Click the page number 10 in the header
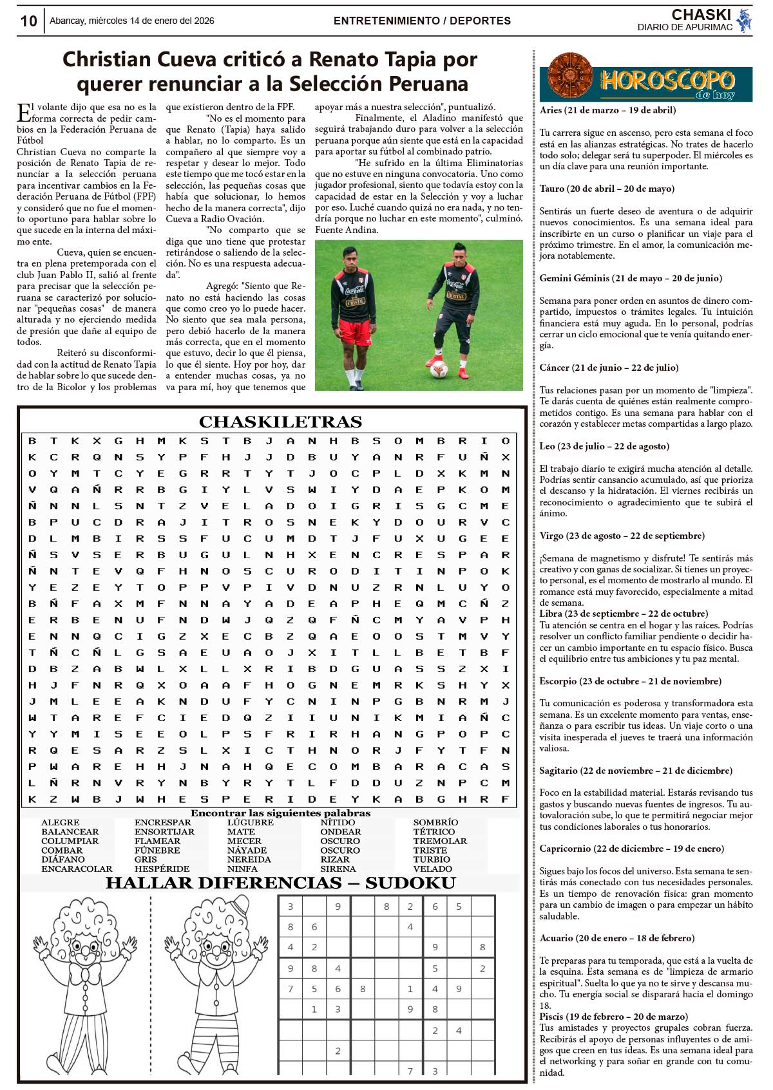coord(29,21)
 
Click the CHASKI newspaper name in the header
coord(701,15)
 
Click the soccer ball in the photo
coord(439,369)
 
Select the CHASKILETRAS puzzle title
coord(280,422)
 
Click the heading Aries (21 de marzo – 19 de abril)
coord(607,110)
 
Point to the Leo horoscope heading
coord(604,446)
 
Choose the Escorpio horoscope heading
coord(630,681)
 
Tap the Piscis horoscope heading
coord(613,1017)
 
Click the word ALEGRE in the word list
coord(61,822)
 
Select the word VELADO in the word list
coord(432,869)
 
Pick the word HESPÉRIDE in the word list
coord(162,869)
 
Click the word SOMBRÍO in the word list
coord(435,822)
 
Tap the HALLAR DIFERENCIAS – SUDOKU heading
coord(280,883)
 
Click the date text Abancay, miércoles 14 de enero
coord(131,21)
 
